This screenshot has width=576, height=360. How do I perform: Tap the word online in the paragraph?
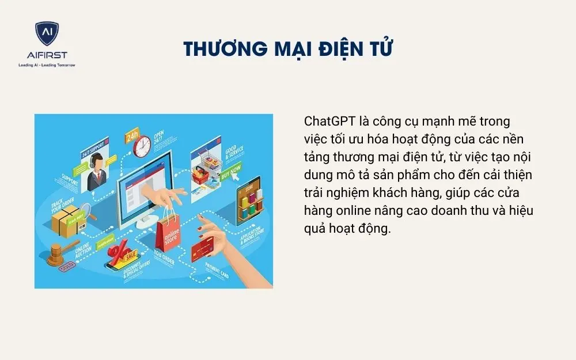[x=351, y=211]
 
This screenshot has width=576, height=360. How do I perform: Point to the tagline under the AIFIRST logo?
[x=47, y=65]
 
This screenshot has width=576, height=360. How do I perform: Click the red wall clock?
[x=142, y=146]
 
